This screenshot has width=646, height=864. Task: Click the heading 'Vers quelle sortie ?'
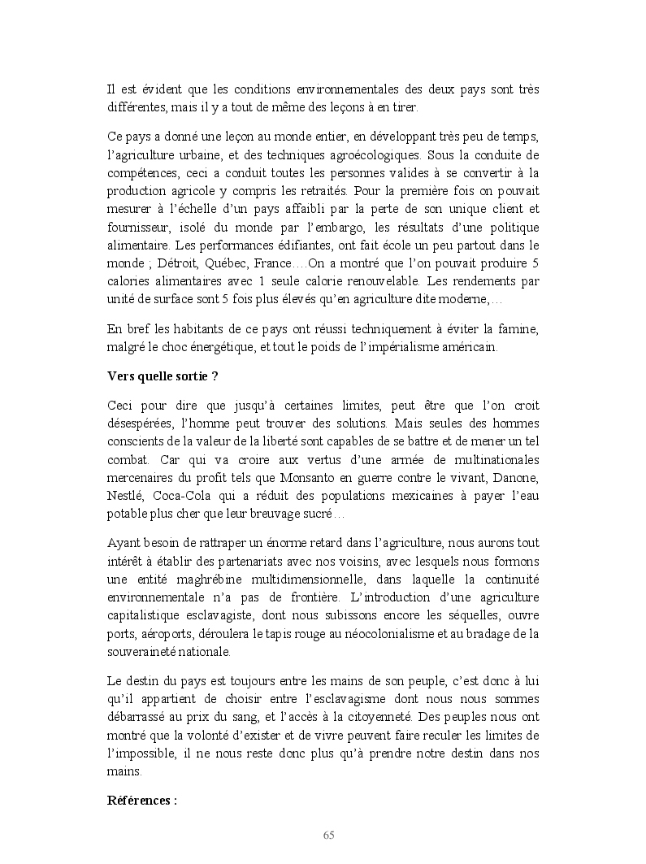coord(163,376)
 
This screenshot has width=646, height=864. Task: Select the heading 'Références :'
coord(142,800)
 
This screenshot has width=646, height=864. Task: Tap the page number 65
coord(329,836)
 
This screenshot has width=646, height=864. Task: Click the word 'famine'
coord(517,328)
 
